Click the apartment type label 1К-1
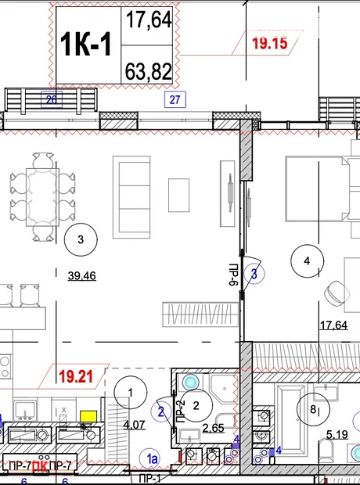(x=86, y=45)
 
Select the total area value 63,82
(x=148, y=71)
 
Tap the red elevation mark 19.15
(x=270, y=43)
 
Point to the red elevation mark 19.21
(x=76, y=376)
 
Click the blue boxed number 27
(x=175, y=99)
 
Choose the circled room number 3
(x=81, y=239)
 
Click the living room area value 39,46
(x=81, y=275)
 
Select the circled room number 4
(x=307, y=261)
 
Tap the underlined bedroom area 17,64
(x=333, y=325)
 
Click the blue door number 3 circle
(x=254, y=274)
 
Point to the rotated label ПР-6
(x=234, y=275)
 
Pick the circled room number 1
(x=131, y=393)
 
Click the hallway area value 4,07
(x=134, y=425)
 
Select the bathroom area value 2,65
(x=214, y=428)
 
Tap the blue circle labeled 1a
(x=153, y=458)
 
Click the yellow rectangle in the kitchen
(x=88, y=416)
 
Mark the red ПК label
(x=41, y=465)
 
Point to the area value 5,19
(x=337, y=435)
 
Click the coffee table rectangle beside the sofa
(x=179, y=196)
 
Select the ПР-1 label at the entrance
(x=149, y=479)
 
